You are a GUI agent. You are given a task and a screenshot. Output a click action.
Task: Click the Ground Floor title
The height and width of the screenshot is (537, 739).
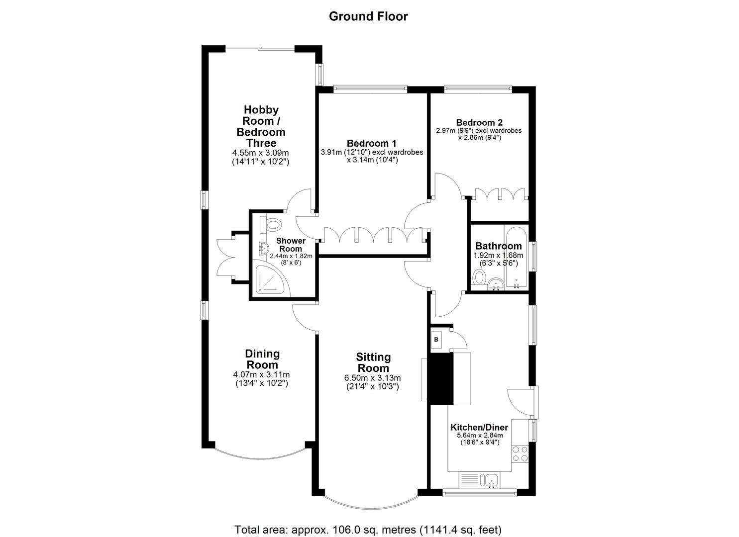point(368,16)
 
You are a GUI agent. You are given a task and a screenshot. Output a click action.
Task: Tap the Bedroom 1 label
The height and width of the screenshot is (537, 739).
point(368,144)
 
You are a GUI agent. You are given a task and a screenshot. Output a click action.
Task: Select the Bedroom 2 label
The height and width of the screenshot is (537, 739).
point(479,123)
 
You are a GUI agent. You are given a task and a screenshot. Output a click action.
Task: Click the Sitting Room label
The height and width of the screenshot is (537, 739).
point(373,362)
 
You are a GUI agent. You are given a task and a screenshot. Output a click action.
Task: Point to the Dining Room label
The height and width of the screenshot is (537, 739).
point(262,359)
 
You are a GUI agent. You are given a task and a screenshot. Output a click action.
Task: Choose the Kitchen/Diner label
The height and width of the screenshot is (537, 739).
point(479,428)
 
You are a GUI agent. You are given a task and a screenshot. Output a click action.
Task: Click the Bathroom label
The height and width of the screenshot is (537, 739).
point(498,246)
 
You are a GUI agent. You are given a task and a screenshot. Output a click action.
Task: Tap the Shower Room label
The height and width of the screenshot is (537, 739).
point(291,245)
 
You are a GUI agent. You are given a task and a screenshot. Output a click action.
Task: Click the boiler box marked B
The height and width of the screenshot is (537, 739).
point(436,340)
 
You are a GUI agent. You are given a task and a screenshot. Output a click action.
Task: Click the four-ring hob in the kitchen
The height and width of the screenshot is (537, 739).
point(520,453)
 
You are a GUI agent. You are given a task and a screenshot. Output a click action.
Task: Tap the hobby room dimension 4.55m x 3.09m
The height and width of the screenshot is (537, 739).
point(261,153)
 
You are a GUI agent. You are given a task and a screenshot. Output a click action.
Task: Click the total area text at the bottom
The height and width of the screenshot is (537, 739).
point(368,529)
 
